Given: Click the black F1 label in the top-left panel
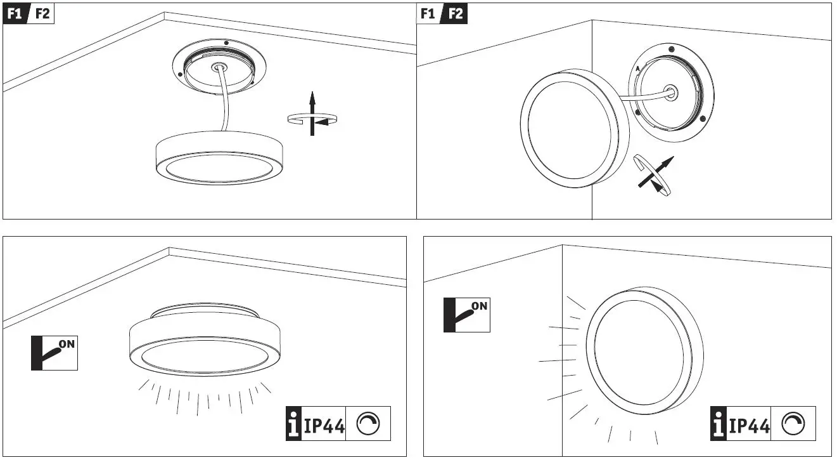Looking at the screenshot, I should coord(16,13).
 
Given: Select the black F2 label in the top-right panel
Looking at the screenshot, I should coord(455,13).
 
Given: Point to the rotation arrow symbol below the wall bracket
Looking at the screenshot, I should coord(654,176).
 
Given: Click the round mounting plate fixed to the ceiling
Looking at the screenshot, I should coord(219,67).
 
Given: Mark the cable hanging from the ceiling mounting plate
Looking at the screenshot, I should coord(226,102).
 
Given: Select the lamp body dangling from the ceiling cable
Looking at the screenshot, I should coord(219,158).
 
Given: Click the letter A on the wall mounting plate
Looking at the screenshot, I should coord(637,68).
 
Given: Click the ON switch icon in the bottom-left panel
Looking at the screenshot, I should coord(54,354).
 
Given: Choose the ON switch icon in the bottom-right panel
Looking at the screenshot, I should coord(467,315).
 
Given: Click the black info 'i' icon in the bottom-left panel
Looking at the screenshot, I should coord(294,424).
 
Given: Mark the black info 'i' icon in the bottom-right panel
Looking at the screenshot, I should coord(719,424).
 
